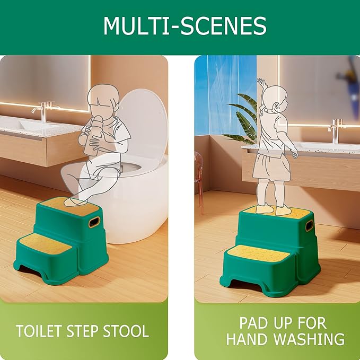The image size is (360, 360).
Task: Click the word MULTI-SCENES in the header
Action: tap(185, 26)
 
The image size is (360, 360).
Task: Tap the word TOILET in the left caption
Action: tap(40, 331)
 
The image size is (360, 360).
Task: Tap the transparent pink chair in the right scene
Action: tap(199, 175)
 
